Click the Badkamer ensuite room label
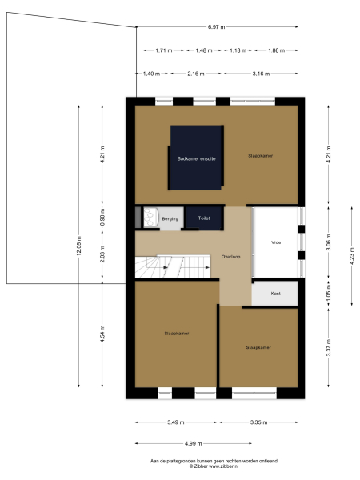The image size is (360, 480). [196, 158]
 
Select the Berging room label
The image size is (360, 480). [170, 218]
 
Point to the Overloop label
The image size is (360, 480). [231, 257]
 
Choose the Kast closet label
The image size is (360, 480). [276, 294]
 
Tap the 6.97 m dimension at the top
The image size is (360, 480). [216, 28]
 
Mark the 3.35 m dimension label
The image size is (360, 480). [258, 422]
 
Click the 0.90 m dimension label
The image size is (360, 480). [102, 218]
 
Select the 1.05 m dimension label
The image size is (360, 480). [329, 294]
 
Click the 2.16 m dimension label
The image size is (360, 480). [195, 73]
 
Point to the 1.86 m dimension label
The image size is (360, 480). [275, 51]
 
